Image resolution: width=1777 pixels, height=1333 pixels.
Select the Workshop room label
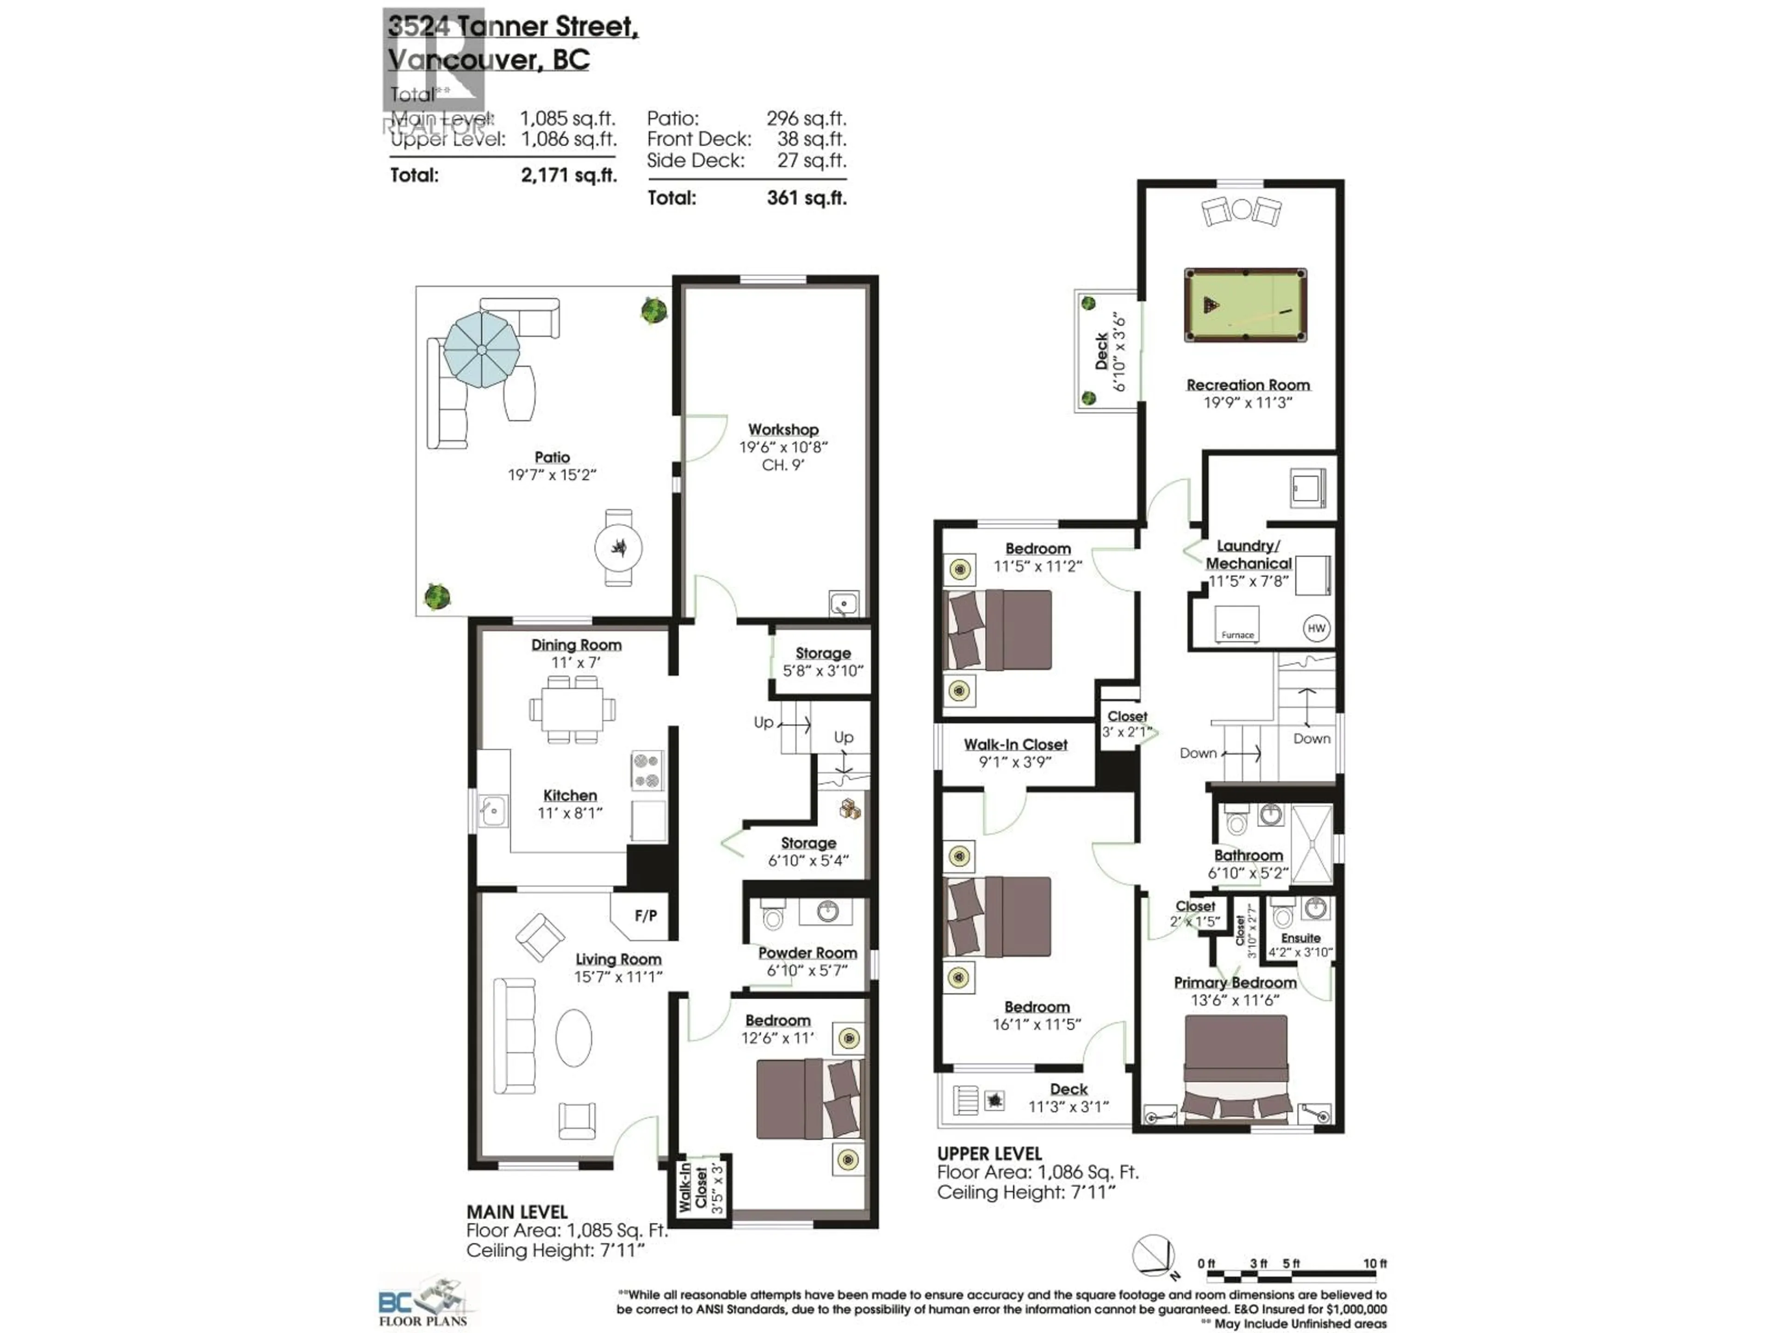(783, 430)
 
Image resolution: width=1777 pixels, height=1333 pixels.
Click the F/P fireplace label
(645, 915)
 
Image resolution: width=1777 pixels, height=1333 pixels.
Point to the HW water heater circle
(1316, 629)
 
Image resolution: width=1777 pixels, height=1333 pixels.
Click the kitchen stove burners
(646, 771)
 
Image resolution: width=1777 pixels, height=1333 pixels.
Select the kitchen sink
(492, 811)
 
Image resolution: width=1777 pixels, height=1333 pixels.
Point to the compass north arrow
(1155, 1256)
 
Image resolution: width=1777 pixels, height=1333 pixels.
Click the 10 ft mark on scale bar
(1374, 1264)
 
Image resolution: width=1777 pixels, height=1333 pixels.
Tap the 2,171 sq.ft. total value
(569, 175)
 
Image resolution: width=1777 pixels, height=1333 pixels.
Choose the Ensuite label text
(1301, 938)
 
